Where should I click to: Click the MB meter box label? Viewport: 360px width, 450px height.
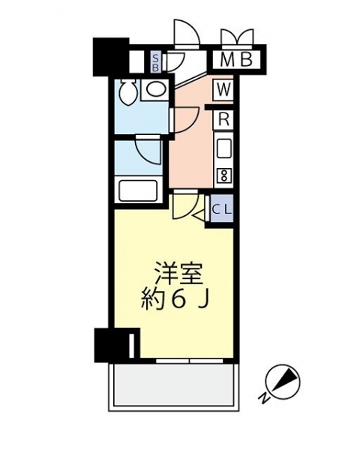pos(236,60)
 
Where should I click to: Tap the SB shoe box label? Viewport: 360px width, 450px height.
pos(156,62)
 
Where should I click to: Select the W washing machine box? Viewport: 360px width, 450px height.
pos(223,90)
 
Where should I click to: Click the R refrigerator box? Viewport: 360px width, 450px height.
pos(223,119)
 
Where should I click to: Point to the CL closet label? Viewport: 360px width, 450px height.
pos(222,209)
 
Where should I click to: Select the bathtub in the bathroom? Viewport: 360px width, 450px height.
pos(138,190)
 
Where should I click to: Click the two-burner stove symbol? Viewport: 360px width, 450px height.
pos(223,175)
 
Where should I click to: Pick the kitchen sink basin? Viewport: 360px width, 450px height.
pos(224,148)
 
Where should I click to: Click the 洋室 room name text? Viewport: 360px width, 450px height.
pos(178,274)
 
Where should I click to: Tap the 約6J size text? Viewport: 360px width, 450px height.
pos(174,300)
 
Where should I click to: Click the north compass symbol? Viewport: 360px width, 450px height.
pos(283,382)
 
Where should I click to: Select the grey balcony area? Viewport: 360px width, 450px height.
pos(173,385)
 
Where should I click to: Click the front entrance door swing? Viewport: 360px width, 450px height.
pos(187,32)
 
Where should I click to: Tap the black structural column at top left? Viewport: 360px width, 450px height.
pos(110,57)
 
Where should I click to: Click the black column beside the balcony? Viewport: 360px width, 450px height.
pos(116,345)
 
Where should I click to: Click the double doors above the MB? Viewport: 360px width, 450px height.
pos(238,37)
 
